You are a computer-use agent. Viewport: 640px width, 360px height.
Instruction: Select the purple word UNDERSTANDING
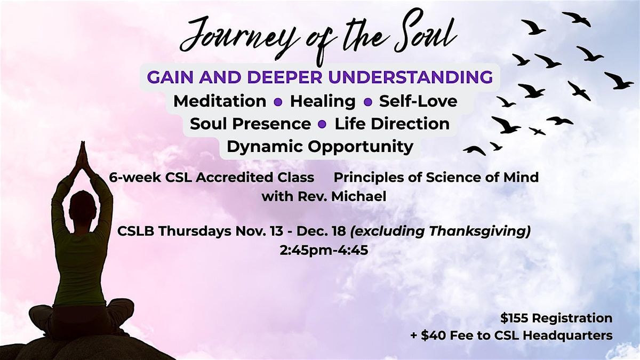coord(406,77)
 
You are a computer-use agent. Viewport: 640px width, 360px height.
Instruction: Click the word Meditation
coord(220,101)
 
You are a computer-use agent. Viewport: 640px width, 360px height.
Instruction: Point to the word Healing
coord(323,101)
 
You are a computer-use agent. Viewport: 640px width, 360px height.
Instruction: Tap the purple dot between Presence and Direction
coord(322,124)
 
